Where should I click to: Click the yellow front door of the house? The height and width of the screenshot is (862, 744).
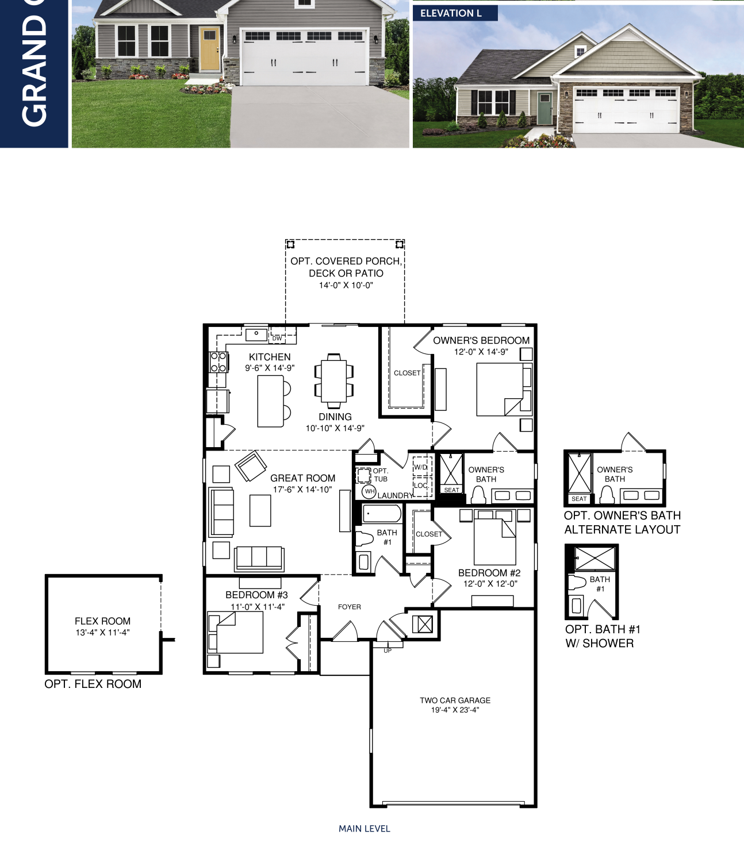[209, 48]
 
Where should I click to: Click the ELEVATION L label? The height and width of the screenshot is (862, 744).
[451, 13]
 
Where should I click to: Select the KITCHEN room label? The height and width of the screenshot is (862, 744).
[270, 357]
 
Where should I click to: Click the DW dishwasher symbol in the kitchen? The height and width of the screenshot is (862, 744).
[277, 338]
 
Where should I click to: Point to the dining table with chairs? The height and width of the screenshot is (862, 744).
[334, 381]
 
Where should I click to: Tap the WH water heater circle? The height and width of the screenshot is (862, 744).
[369, 492]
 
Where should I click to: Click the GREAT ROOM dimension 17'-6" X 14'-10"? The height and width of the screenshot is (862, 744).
[302, 490]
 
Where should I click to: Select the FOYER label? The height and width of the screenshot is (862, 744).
[349, 607]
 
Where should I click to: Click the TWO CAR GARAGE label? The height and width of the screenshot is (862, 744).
[455, 700]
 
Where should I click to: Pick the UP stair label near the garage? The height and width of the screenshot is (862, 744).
[388, 651]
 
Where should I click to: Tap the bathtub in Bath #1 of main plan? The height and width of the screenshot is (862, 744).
[382, 514]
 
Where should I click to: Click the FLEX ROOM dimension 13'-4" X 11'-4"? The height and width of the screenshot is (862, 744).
[103, 633]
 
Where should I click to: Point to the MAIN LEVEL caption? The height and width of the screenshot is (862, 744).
[365, 829]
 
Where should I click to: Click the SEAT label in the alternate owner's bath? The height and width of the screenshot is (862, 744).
[579, 499]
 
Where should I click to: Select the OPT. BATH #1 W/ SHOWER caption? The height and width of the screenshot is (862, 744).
[603, 636]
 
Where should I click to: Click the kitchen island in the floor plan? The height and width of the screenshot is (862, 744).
[271, 401]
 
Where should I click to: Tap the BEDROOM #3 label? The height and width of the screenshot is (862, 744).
[256, 595]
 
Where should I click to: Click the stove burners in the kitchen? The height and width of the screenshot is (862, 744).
[218, 362]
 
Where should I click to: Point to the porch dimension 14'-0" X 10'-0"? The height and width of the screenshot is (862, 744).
[346, 285]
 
